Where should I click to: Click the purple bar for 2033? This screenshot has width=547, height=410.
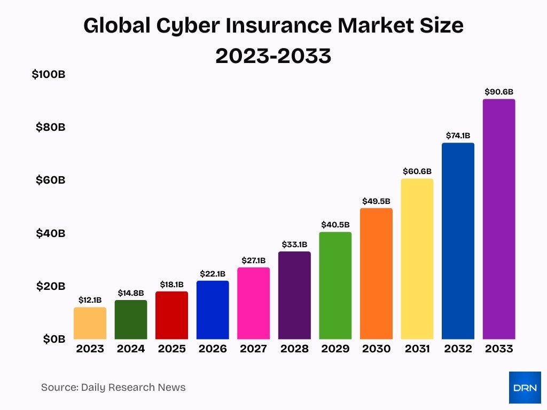[x=498, y=219]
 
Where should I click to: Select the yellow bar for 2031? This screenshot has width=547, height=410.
[x=417, y=259]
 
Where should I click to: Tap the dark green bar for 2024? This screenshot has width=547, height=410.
[x=130, y=319]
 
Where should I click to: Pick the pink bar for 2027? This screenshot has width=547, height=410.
[x=253, y=303]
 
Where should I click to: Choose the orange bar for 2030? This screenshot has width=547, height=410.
[x=376, y=273]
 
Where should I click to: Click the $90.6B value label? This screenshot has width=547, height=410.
[x=498, y=92]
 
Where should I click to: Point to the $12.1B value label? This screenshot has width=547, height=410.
[x=90, y=300]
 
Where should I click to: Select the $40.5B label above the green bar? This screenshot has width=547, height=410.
[x=335, y=225]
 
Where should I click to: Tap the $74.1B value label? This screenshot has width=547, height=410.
[x=458, y=136]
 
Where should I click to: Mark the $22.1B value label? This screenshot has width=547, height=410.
[x=213, y=273]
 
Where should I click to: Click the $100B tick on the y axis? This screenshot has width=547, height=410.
[x=49, y=75]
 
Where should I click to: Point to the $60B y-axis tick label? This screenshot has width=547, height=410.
[x=50, y=180]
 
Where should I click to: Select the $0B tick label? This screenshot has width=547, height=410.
[x=54, y=338]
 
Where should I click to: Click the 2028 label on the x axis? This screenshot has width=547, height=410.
[x=294, y=349]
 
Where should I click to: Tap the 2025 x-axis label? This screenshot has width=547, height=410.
[x=171, y=349]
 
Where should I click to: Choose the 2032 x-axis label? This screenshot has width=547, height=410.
[x=458, y=349]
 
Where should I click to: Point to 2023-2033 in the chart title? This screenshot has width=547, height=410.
[x=273, y=56]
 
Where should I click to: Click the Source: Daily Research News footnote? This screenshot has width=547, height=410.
[x=113, y=388]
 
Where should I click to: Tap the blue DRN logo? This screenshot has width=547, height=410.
[x=524, y=388]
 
